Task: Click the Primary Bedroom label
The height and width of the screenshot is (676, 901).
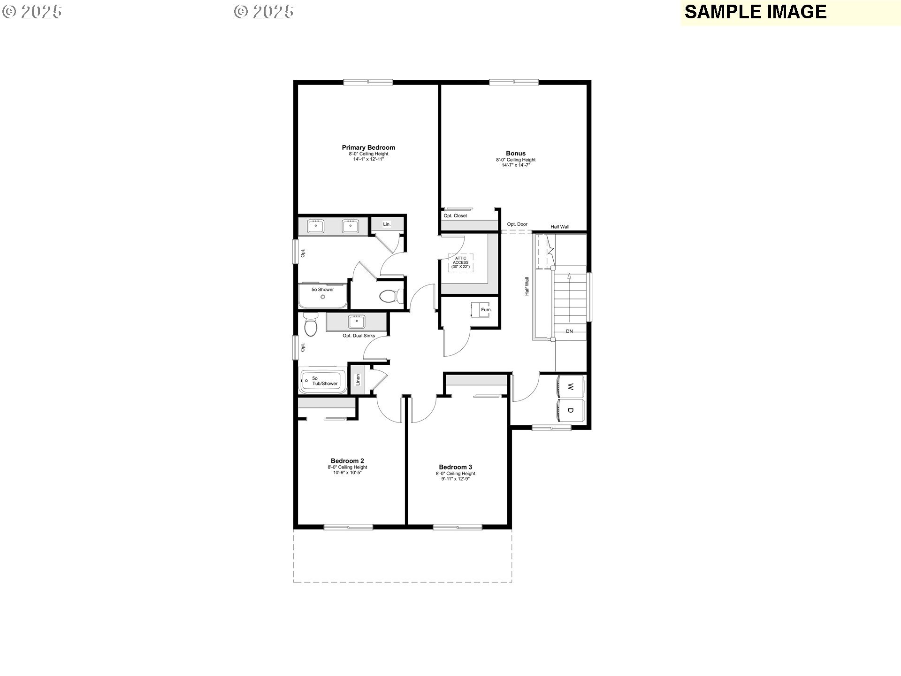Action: coord(368,147)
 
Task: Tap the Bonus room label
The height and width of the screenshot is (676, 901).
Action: coord(516,153)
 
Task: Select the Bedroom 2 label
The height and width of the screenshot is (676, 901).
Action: coord(347,461)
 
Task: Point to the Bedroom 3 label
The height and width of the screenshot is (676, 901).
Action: coord(455,467)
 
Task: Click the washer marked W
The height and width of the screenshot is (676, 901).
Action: coord(570,387)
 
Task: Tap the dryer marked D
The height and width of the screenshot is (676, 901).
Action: coord(570,410)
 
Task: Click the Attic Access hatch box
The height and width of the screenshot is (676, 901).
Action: coord(461,262)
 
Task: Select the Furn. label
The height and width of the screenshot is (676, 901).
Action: coord(486,310)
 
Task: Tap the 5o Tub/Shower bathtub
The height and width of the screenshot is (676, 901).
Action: coord(323,381)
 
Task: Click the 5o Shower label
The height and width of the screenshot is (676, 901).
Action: coord(323,290)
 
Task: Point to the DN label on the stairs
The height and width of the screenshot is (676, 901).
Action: coord(569,331)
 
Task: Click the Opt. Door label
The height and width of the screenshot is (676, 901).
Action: coord(517,224)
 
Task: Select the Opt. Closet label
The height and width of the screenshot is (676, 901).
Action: coord(455,216)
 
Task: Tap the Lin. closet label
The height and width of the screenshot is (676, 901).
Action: coord(387,224)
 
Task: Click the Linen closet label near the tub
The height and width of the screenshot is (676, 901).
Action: coord(358,379)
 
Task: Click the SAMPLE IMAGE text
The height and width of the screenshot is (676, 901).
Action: coord(756,12)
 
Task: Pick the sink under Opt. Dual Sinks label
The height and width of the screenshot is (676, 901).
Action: coord(357,322)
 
